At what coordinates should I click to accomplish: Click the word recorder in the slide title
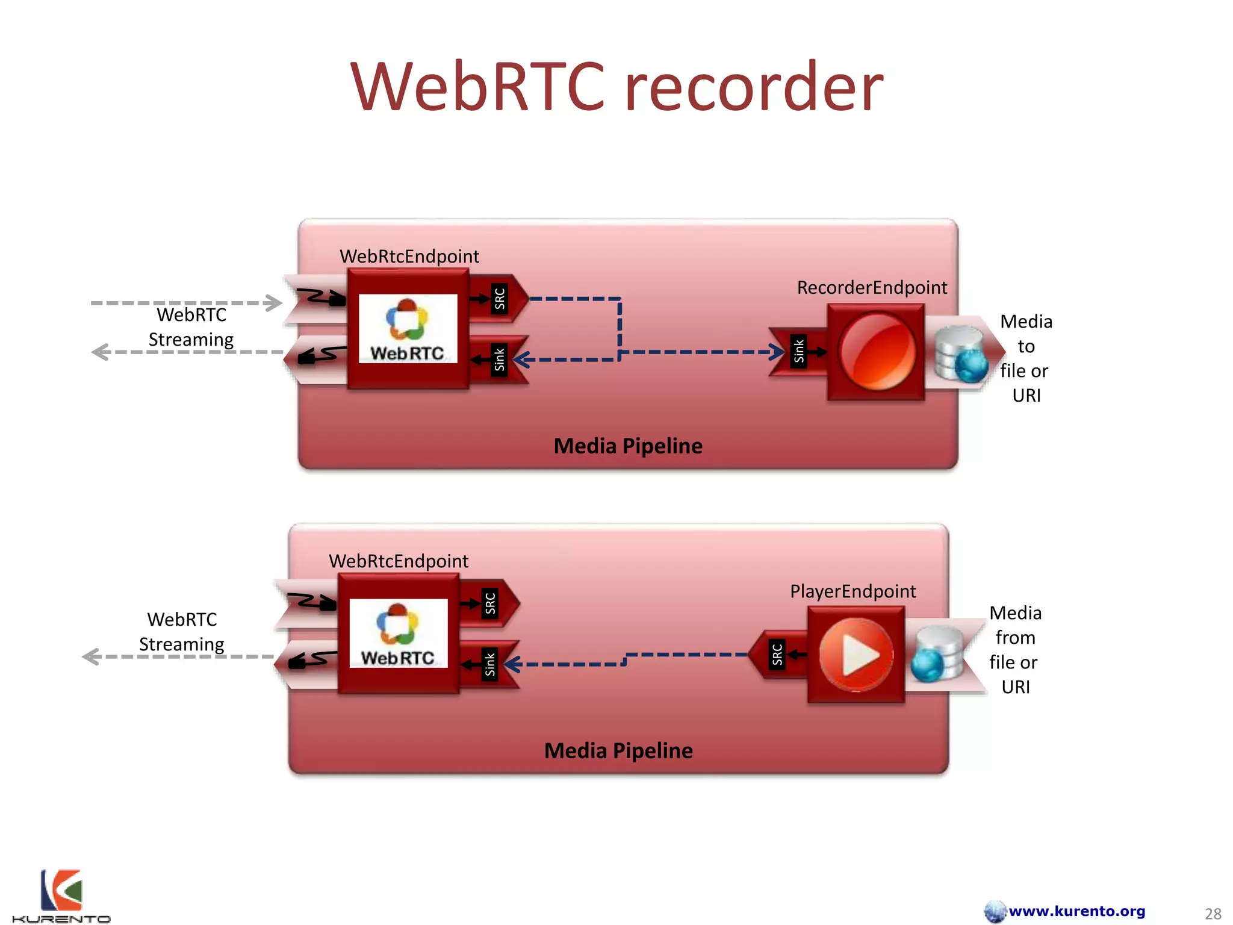(754, 87)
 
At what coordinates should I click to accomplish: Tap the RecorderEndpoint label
(871, 288)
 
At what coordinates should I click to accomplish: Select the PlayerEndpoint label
(853, 591)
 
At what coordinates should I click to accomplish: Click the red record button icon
(876, 352)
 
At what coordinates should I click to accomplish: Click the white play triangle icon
(859, 655)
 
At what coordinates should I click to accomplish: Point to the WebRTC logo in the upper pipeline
(408, 329)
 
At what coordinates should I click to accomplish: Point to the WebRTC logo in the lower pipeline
(398, 634)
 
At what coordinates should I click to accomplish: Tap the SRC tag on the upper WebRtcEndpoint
(499, 299)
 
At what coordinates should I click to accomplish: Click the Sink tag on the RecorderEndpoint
(798, 351)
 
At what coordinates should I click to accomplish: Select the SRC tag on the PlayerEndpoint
(777, 654)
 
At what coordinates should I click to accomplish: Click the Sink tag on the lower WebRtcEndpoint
(489, 664)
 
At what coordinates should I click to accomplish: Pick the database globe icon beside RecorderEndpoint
(960, 354)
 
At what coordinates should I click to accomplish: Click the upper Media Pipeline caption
(627, 446)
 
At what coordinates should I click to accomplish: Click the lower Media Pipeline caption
(618, 751)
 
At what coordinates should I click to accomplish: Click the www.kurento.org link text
(1076, 911)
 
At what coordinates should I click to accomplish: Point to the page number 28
(1213, 914)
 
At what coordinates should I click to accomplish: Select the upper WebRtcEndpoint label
(409, 257)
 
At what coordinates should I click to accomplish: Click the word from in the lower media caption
(1015, 638)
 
